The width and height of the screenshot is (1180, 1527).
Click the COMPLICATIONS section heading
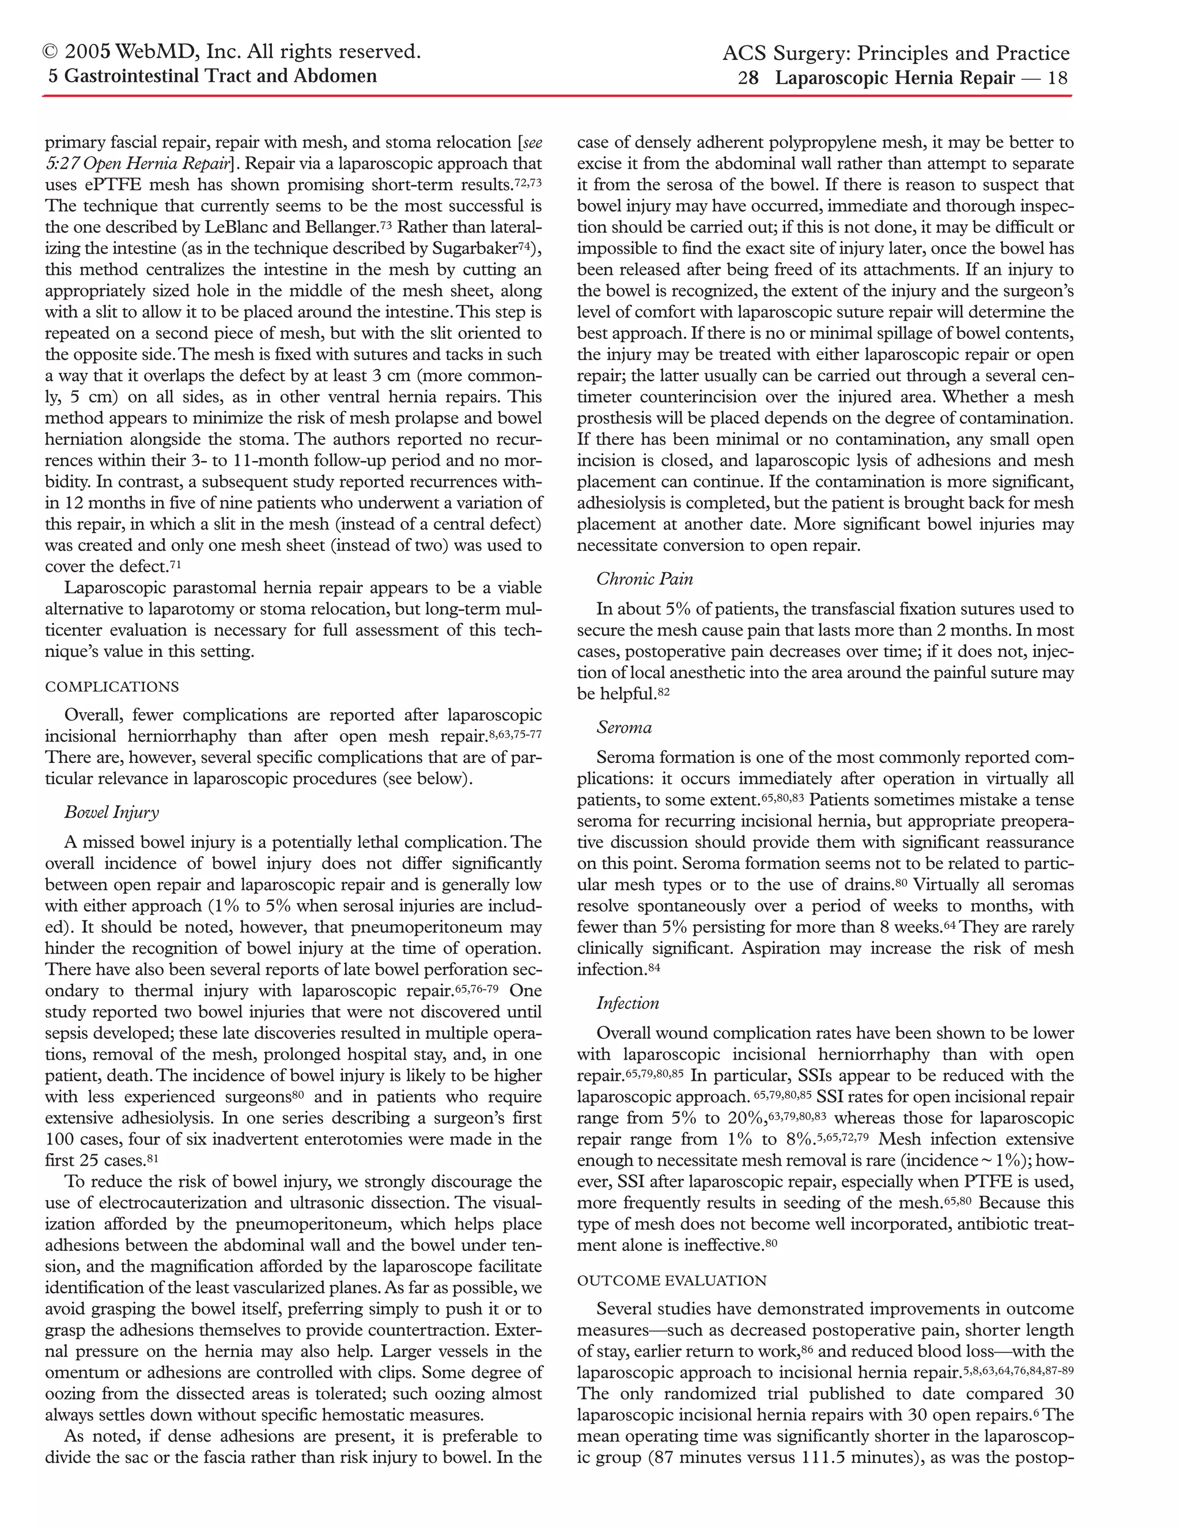tap(112, 687)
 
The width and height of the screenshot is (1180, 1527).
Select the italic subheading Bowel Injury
tap(112, 812)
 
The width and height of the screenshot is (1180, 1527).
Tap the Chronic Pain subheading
tap(645, 579)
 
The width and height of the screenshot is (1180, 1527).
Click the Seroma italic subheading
tap(624, 727)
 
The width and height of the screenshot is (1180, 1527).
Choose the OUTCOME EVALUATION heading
tap(672, 1280)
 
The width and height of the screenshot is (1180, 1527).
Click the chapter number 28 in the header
tap(748, 78)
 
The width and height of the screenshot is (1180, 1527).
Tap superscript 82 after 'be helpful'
tap(663, 691)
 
